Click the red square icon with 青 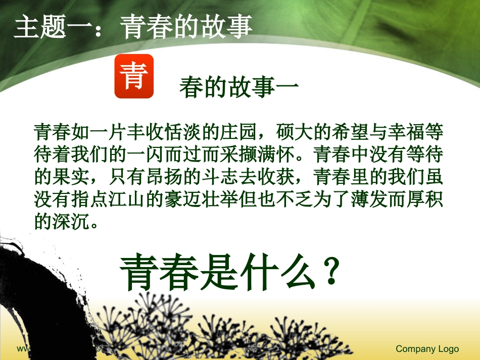[x=134, y=76]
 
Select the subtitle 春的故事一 [x=239, y=88]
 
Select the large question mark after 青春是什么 [x=330, y=273]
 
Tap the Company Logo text [x=427, y=349]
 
